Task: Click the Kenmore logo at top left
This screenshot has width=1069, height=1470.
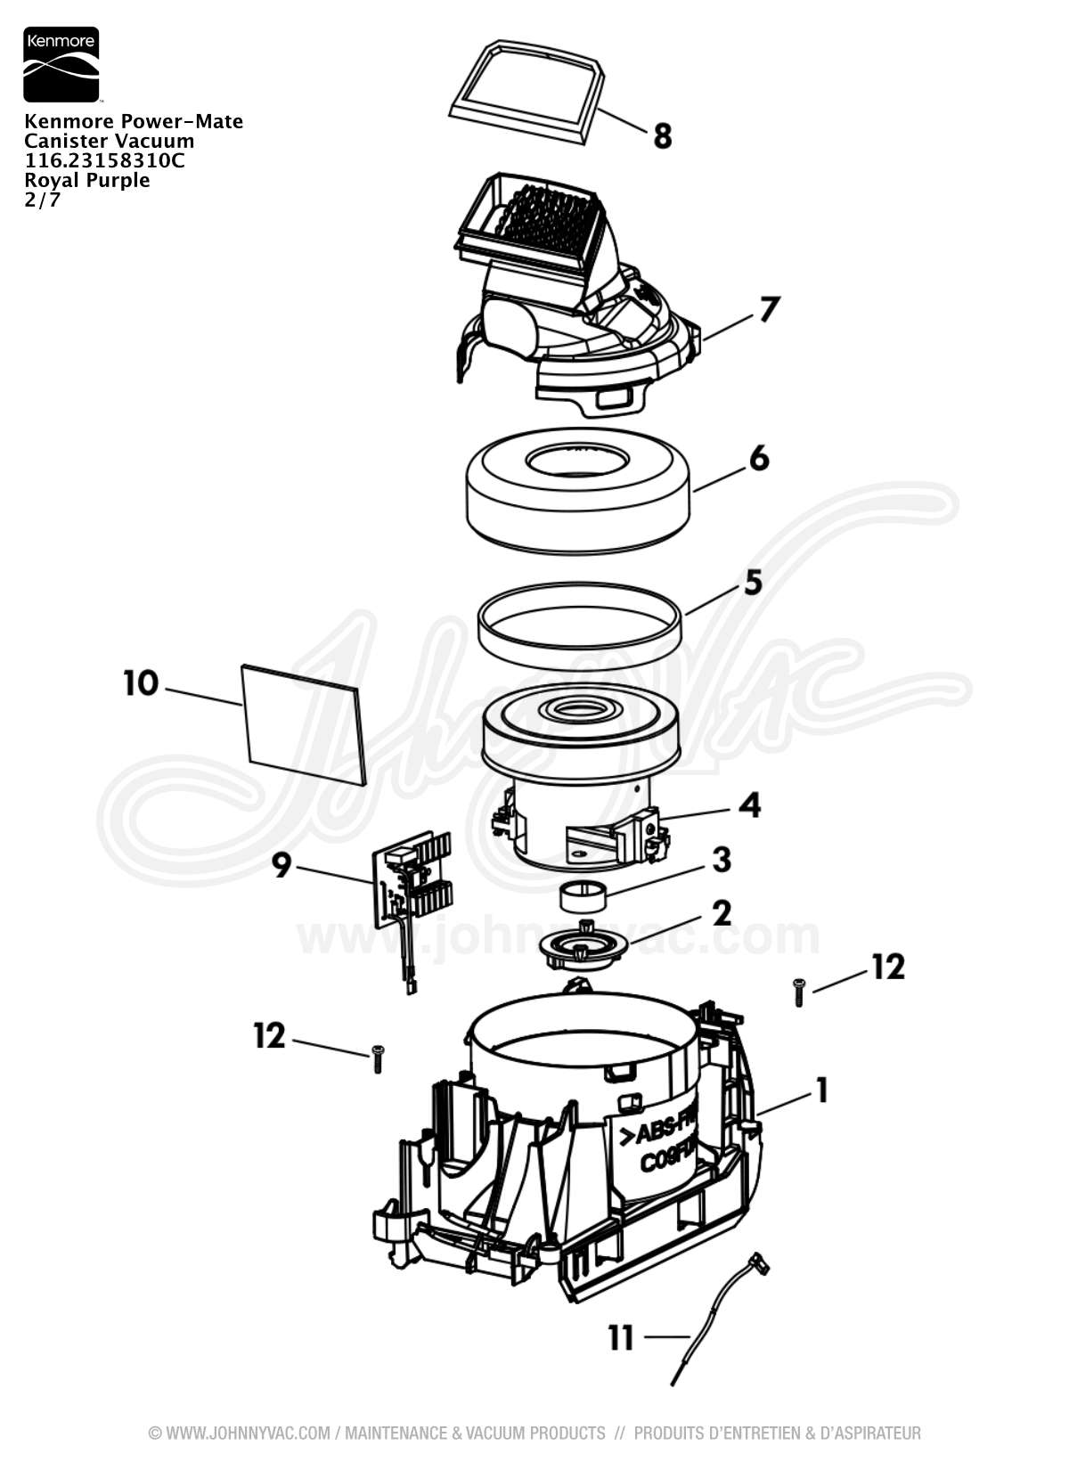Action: point(61,64)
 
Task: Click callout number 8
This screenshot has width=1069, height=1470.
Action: point(662,136)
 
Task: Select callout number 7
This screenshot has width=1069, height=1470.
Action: point(769,309)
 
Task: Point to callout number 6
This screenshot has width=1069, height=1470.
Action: point(758,459)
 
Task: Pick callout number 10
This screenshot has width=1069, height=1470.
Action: point(141,683)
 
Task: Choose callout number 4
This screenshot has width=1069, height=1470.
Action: point(750,805)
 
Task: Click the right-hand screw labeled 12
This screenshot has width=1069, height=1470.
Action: point(799,992)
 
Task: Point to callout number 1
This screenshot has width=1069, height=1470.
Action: point(821,1090)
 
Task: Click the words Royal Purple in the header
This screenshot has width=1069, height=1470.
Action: point(87,180)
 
